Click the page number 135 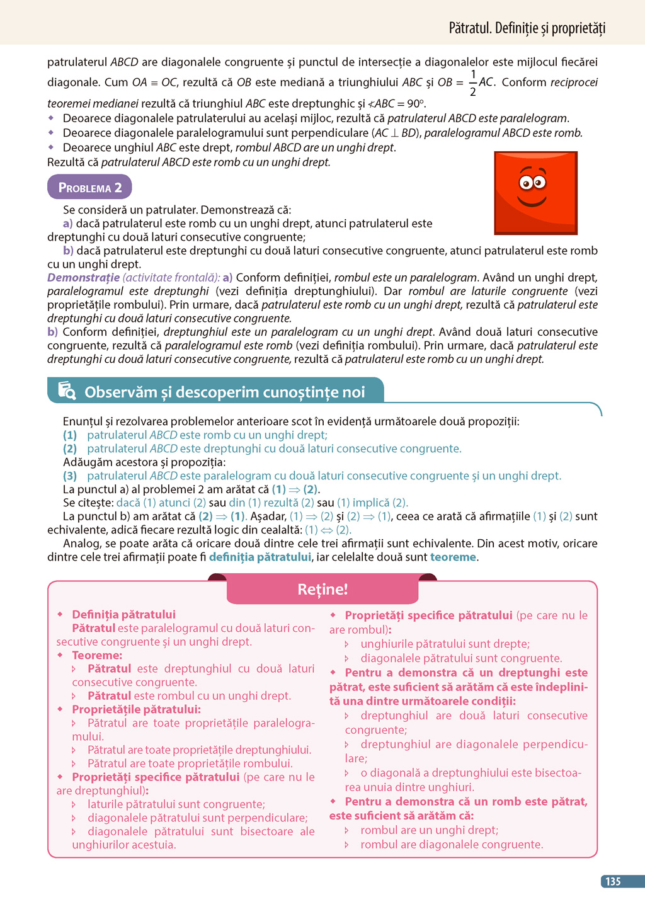614,881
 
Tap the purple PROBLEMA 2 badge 89,188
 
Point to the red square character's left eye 526,183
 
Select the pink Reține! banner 322,590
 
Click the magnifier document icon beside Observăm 67,391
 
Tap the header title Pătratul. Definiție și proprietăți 527,28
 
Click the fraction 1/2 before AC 473,83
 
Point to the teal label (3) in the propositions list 70,476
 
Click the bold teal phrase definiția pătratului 260,557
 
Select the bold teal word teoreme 453,557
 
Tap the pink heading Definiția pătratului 123,614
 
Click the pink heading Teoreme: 97,655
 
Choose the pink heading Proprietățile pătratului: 136,709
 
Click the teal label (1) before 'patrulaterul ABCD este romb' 70,435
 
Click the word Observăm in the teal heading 120,392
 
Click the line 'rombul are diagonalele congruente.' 451,844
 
